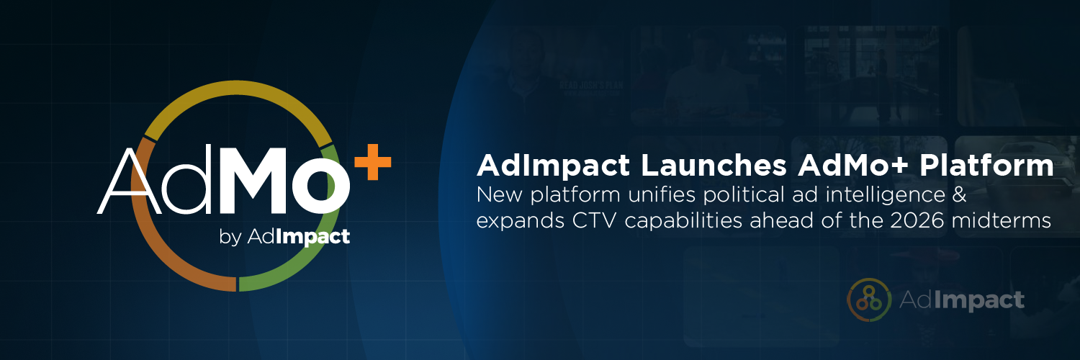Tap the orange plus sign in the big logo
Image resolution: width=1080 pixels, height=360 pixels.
373,164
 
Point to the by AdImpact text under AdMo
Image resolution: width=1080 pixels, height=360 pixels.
284,237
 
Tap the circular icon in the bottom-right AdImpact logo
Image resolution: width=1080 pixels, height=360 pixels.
869,299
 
